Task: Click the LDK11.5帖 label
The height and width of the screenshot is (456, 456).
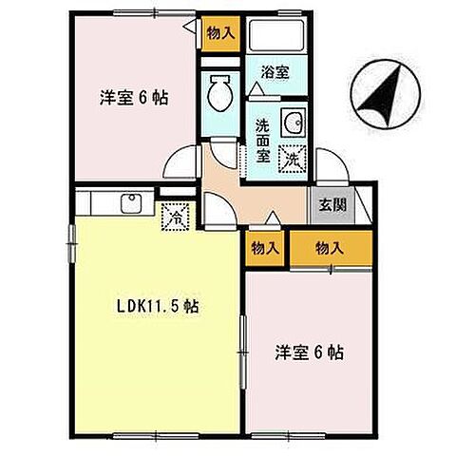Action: coord(157,307)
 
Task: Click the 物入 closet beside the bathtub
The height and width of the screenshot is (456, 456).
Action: coord(220,33)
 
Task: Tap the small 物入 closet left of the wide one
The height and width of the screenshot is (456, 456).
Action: coord(265,248)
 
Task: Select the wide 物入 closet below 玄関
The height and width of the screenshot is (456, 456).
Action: coord(328,248)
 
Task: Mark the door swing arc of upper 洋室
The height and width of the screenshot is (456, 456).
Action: coord(179,161)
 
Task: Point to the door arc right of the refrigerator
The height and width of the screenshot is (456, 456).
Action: coord(214,204)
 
